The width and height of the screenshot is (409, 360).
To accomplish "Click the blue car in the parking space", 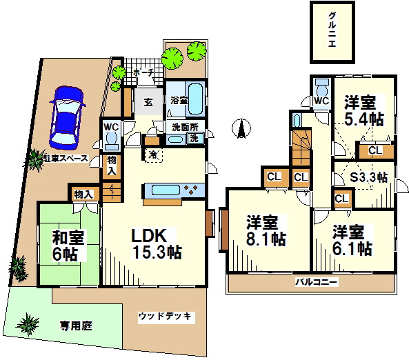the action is pos(67,118).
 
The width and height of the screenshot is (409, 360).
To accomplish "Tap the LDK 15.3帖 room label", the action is pos(156,243).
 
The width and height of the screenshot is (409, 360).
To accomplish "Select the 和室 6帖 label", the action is pos(68,246).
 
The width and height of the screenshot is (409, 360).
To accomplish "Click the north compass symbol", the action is pos(241,128).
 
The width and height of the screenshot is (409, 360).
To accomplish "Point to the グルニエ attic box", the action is pos(332,32).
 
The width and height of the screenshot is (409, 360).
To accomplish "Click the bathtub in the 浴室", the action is pos(195,99).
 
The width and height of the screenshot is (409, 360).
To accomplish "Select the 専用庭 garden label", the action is pos(76,326).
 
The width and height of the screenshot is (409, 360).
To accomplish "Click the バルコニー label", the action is pos(317,282).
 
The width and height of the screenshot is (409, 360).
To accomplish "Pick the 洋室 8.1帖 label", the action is pos(266,230).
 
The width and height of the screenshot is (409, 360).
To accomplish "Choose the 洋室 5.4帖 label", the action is pos(363,110).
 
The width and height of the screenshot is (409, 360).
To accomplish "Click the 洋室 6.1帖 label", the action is pos(352,240).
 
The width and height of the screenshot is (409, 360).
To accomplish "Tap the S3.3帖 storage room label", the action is pos(368,177).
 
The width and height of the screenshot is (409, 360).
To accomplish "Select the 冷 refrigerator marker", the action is pos(152,154).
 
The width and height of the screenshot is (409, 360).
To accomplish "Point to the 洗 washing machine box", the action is pos(194,138).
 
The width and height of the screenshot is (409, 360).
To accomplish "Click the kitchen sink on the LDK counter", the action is pos(166,190).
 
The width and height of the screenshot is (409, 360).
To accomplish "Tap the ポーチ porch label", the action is pos(143,72).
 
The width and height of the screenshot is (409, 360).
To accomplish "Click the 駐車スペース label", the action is pos(66,159).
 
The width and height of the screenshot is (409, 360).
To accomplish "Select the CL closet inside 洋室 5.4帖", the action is pos(376,150).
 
